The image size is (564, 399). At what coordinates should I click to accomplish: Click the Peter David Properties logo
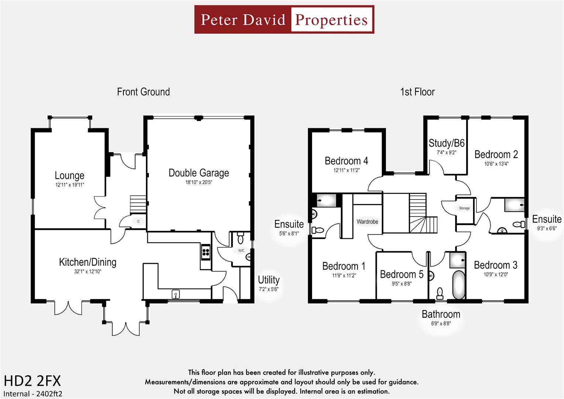coord(284,20)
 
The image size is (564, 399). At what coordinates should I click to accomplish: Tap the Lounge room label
coord(69,175)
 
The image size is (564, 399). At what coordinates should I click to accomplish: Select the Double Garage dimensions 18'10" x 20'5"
coord(199,182)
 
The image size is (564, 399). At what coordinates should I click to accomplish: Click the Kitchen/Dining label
coord(88,262)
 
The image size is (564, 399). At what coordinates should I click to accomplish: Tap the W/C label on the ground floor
coord(241,250)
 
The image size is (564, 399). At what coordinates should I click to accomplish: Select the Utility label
coord(269,280)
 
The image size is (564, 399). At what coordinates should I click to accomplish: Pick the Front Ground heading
coord(143,92)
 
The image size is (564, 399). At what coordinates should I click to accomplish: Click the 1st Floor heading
coord(417,92)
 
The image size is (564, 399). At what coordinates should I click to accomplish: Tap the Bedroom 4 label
coord(346,161)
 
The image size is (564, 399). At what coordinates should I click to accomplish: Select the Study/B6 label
coord(446,143)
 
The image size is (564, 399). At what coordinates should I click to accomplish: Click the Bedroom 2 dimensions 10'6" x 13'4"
coord(496,164)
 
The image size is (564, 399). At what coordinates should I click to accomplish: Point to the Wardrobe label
coord(367,222)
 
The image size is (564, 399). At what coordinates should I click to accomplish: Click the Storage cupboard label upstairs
coord(464,208)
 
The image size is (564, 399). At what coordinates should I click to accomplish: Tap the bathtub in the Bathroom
coord(458,285)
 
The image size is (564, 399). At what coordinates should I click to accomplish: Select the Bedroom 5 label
coord(401,274)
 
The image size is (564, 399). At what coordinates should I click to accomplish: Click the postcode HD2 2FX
coord(32,381)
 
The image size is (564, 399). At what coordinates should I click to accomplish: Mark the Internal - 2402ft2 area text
coord(33,394)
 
